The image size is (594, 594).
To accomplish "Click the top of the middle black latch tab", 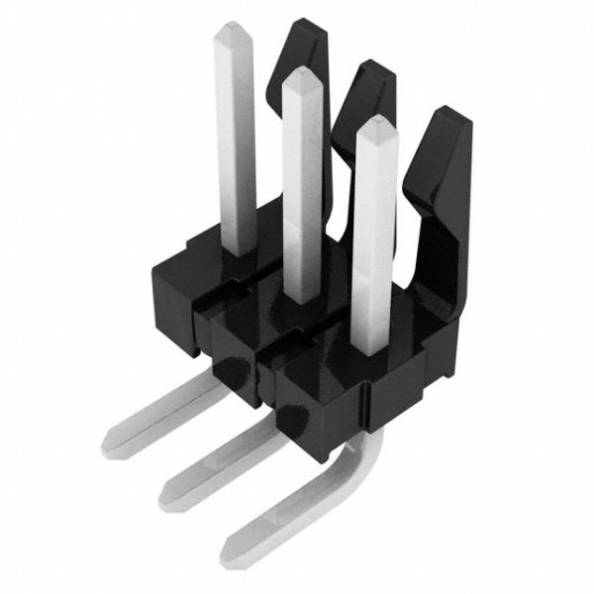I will click(x=373, y=69).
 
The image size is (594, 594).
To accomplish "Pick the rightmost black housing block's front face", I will click(x=317, y=401).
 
